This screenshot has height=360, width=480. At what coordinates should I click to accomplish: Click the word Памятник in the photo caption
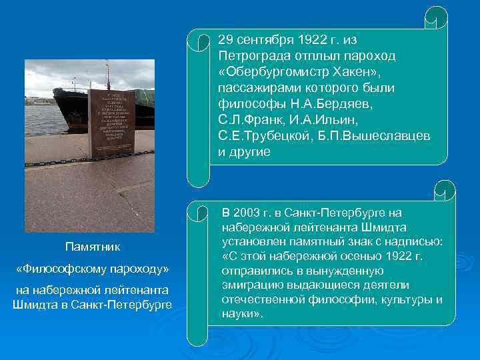coord(92,247)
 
